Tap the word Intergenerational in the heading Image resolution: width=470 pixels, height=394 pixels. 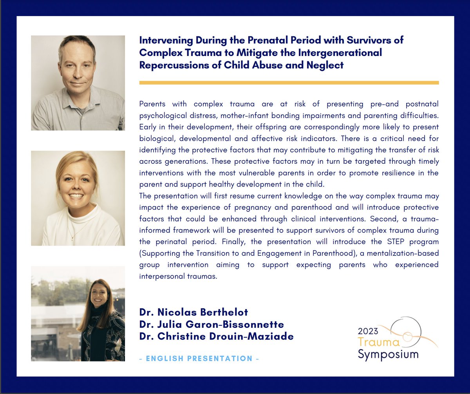342,52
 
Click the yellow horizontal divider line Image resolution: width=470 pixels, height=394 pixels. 289,83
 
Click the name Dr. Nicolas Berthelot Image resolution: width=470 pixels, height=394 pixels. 193,313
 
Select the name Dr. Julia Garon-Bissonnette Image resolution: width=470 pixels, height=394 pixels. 211,324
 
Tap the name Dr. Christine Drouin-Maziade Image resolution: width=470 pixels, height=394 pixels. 216,336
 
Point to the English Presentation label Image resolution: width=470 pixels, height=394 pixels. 199,358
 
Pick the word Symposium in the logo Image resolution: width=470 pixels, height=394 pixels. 388,355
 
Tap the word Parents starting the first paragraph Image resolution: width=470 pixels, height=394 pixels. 152,105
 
